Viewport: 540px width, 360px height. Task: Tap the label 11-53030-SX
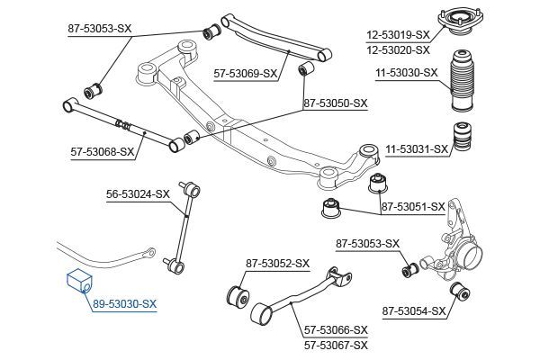[x=406, y=74]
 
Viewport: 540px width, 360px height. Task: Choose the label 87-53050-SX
[x=336, y=103]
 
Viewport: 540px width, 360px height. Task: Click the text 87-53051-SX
[x=413, y=207]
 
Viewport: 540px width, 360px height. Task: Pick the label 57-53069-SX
[x=245, y=74]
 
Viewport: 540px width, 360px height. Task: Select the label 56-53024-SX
[x=137, y=193]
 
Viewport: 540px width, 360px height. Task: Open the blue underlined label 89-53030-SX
[x=123, y=305]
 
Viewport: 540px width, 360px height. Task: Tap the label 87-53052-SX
[x=277, y=264]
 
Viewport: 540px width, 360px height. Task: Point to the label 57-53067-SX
[x=336, y=345]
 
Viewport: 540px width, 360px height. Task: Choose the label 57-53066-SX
[x=336, y=330]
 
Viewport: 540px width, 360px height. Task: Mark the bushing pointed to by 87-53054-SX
[x=457, y=291]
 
